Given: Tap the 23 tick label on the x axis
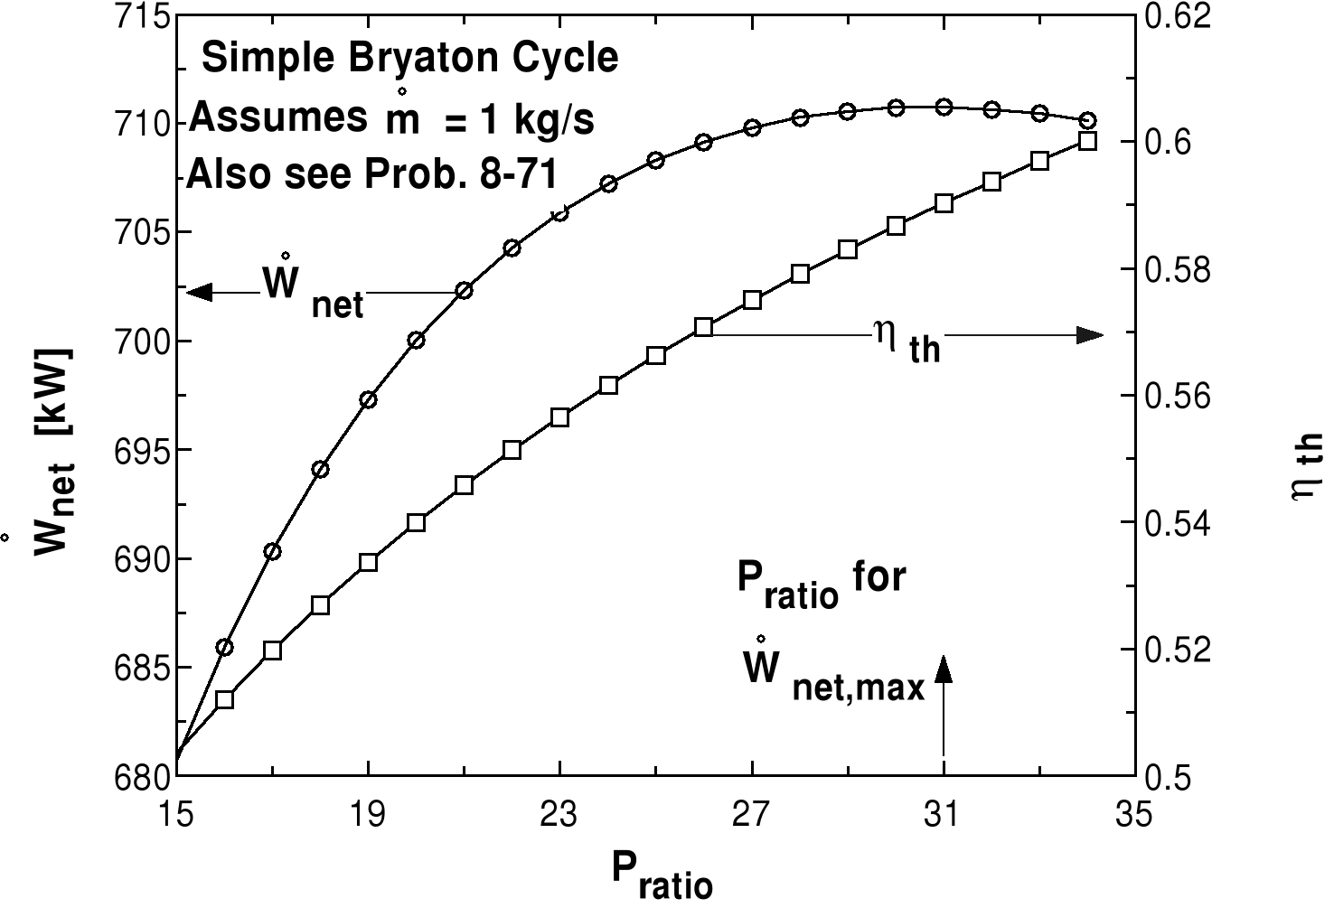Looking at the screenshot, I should tap(559, 816).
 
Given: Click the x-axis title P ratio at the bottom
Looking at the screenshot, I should tap(661, 875).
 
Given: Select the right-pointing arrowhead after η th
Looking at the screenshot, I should tap(1089, 335).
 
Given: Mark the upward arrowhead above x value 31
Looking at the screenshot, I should tap(944, 669).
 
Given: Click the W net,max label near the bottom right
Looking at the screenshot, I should tap(831, 679).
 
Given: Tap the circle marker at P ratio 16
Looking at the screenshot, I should tap(225, 647).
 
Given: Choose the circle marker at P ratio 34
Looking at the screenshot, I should tap(1088, 120).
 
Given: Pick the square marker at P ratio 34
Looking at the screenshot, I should tap(1088, 141).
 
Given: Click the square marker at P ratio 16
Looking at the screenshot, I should tap(225, 699).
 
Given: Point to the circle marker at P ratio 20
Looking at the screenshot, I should tap(416, 340).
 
